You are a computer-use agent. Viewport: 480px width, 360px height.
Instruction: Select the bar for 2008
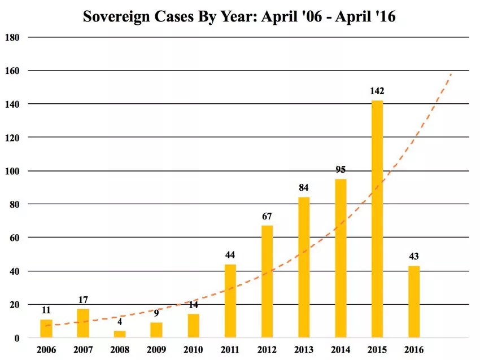click(120, 334)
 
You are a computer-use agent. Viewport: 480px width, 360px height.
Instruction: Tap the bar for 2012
click(267, 282)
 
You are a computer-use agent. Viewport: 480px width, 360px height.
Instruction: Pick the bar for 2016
click(414, 302)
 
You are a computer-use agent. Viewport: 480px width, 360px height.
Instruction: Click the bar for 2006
click(46, 328)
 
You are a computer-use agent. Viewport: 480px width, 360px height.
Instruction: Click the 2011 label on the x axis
click(230, 350)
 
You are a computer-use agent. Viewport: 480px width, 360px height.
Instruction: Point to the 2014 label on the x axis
click(341, 350)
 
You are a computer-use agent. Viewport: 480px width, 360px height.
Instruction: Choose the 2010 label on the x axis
click(194, 350)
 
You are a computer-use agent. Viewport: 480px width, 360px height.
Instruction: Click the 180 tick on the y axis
click(12, 37)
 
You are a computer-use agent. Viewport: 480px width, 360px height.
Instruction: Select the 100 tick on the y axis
click(12, 171)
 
